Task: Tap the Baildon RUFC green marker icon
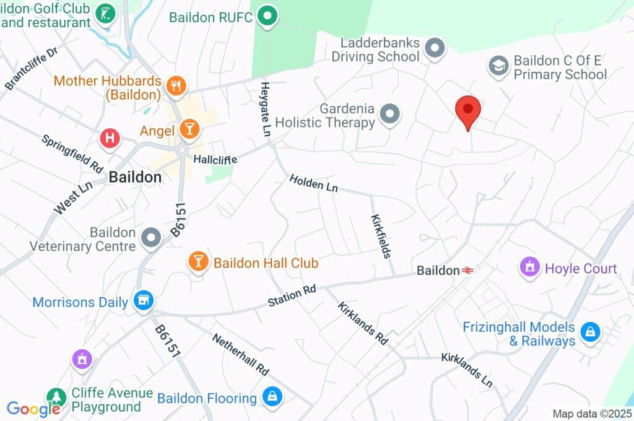tap(267, 16)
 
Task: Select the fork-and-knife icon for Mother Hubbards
tap(176, 87)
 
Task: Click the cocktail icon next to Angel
tap(189, 130)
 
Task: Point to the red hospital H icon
tap(110, 138)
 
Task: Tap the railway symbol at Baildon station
tap(468, 271)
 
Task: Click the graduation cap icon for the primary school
tap(498, 66)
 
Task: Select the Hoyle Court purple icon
tap(529, 268)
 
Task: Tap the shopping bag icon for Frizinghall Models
tap(591, 332)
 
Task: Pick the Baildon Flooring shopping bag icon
tap(271, 397)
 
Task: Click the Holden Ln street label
tap(314, 183)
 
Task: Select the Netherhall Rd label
tap(240, 355)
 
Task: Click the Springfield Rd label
tap(72, 154)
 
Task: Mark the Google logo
tap(33, 409)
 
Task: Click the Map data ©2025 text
tap(591, 414)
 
